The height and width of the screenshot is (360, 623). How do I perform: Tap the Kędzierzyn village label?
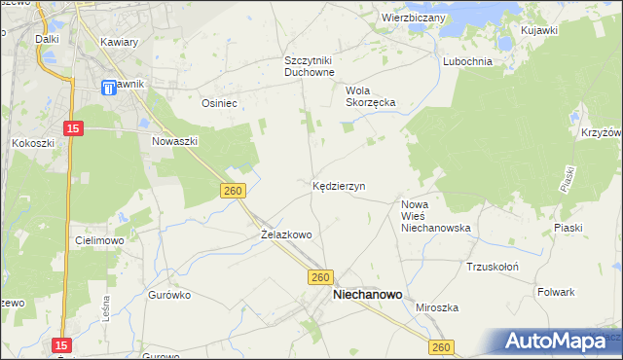tap(338, 185)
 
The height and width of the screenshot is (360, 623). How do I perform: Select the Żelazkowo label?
tap(286, 234)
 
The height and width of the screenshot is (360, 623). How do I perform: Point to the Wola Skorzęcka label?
tap(369, 96)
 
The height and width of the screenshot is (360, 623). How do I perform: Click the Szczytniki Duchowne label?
tap(310, 65)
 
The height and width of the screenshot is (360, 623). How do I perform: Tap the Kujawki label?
tap(538, 31)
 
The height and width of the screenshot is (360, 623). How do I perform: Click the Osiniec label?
tap(219, 101)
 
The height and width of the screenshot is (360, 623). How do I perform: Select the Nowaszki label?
tap(175, 140)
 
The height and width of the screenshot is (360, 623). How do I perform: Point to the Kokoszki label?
tap(32, 142)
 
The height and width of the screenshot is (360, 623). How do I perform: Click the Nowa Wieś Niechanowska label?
tap(436, 216)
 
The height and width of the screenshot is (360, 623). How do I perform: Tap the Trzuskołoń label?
tap(492, 266)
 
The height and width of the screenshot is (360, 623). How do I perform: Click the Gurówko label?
tap(167, 293)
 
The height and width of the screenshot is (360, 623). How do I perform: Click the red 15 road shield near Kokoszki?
tap(73, 127)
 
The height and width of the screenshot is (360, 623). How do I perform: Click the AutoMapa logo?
tap(558, 342)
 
